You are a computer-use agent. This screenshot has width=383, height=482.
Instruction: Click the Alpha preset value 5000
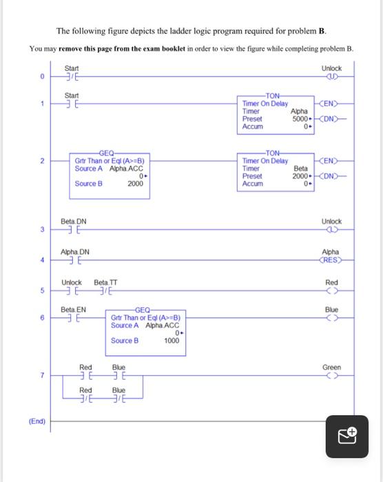(x=299, y=118)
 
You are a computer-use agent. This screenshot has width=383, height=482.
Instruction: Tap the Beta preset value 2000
(x=299, y=176)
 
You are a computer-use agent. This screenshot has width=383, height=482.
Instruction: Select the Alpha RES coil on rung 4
(x=331, y=260)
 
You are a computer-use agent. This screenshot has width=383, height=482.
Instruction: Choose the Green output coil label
(x=331, y=368)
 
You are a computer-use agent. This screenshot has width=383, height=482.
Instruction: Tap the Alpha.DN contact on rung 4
(x=72, y=261)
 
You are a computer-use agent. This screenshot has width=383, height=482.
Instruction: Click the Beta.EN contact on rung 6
(x=72, y=319)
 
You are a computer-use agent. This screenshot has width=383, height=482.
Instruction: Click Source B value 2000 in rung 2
(x=135, y=184)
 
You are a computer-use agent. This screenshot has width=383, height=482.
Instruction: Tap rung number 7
(x=42, y=376)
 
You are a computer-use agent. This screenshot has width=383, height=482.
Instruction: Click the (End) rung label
(x=37, y=421)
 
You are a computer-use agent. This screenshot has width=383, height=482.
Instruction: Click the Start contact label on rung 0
(x=72, y=67)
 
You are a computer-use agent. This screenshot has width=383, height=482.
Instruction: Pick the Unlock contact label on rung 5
(x=72, y=282)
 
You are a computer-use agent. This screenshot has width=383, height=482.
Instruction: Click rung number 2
(x=42, y=161)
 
